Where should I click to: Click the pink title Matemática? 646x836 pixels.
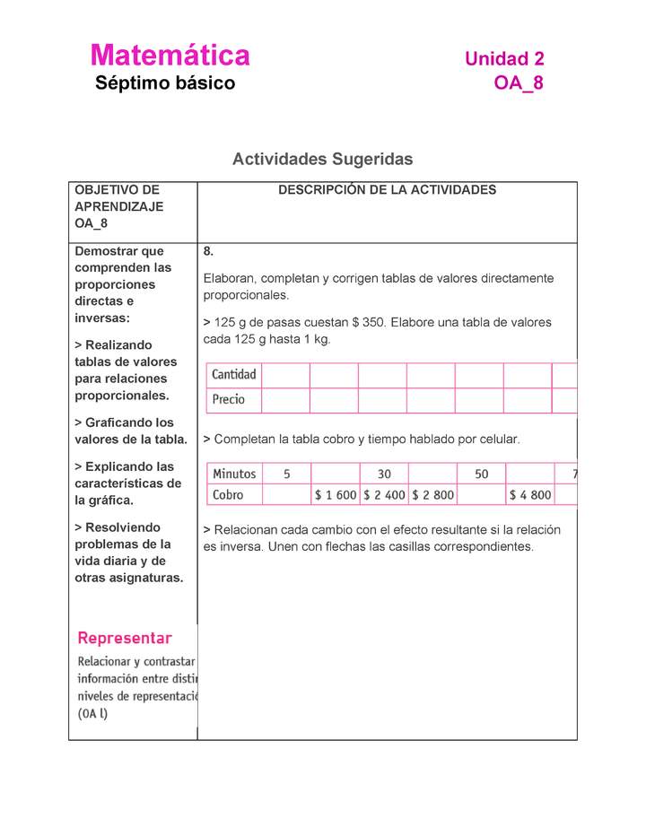[x=170, y=56]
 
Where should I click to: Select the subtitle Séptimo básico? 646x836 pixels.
[x=165, y=84]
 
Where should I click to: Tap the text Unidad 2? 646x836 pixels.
[x=504, y=59]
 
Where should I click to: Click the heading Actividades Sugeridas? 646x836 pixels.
[x=322, y=160]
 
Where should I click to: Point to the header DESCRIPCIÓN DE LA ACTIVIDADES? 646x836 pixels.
[x=387, y=190]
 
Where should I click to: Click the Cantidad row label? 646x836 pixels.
[x=234, y=375]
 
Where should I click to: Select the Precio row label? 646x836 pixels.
[x=229, y=400]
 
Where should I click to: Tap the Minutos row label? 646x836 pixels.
[x=234, y=474]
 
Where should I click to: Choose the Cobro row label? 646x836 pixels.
[x=228, y=494]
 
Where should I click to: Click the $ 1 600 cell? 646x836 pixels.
[x=336, y=494]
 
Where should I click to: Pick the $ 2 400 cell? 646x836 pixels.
[x=384, y=494]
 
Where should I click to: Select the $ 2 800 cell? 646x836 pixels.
[x=432, y=494]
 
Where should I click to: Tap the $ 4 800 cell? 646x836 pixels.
[x=529, y=494]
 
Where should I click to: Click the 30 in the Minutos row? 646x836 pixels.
[x=384, y=474]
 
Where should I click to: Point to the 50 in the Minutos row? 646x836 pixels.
[x=482, y=474]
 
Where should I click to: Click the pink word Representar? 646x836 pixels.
[x=125, y=639]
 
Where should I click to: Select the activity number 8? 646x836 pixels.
[x=208, y=252]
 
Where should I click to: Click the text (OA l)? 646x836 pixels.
[x=93, y=714]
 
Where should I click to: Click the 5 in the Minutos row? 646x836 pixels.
[x=286, y=474]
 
